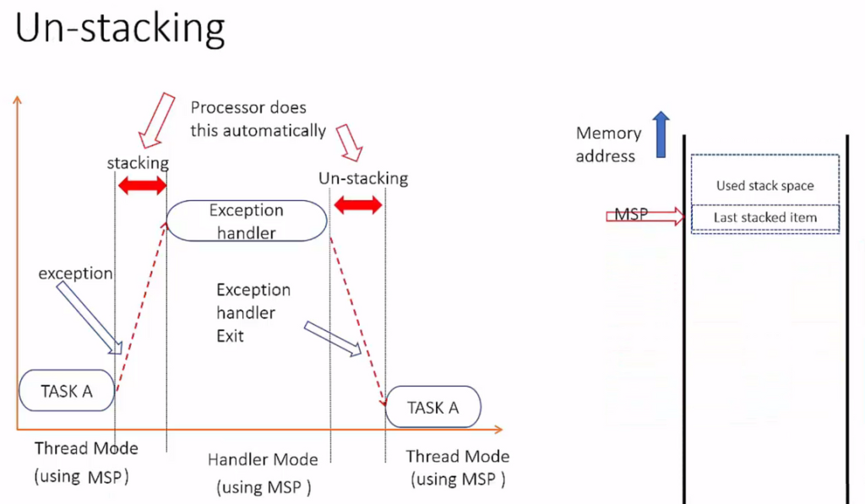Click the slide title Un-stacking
point(120,30)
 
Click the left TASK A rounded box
point(67,390)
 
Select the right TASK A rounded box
point(433,407)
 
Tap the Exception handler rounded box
point(247,220)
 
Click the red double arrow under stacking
point(142,185)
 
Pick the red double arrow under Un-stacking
point(358,204)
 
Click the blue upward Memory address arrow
point(661,134)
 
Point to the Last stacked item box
point(765,217)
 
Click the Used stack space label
point(765,186)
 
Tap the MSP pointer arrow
point(645,215)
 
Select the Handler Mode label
point(263,459)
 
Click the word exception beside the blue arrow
point(75,274)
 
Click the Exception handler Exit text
point(253,312)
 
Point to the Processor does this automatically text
point(258,119)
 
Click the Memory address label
point(608,144)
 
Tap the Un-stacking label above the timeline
point(363,178)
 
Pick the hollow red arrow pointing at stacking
point(156,121)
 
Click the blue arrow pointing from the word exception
point(90,317)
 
